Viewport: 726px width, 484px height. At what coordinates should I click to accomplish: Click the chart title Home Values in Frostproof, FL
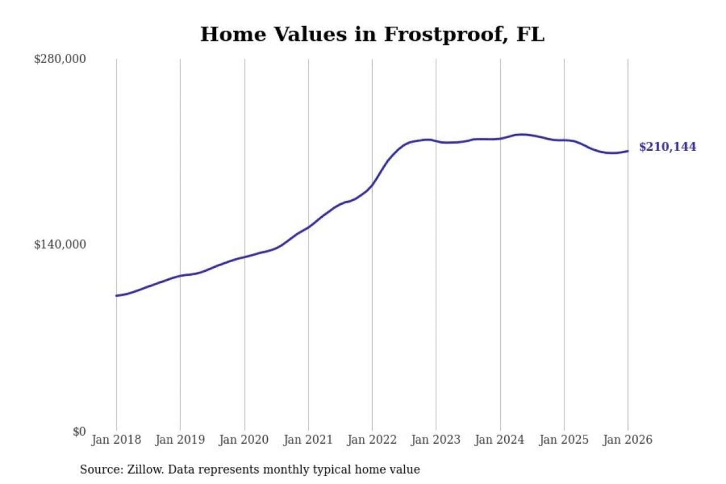[x=372, y=34]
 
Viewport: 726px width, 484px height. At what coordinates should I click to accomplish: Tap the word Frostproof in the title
[x=446, y=34]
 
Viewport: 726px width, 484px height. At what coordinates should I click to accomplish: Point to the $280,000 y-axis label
[x=60, y=59]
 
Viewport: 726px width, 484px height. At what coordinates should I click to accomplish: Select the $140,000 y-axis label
[x=60, y=245]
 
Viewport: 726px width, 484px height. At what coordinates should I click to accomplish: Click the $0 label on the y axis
[x=79, y=432]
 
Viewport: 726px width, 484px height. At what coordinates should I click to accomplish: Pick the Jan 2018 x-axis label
[x=116, y=440]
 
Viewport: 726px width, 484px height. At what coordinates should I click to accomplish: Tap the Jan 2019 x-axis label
[x=180, y=440]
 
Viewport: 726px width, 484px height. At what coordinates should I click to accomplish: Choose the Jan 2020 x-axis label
[x=244, y=440]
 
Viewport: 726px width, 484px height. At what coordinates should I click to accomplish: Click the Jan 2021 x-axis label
[x=308, y=440]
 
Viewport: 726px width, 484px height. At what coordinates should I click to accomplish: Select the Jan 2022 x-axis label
[x=372, y=440]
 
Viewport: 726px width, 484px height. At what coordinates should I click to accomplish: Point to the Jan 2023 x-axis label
[x=436, y=440]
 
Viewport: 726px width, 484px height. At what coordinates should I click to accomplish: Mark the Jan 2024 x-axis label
[x=500, y=440]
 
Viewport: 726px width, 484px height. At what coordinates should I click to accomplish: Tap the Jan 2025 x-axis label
[x=564, y=440]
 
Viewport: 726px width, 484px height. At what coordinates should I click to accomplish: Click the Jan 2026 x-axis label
[x=628, y=440]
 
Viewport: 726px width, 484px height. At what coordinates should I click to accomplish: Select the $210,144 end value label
[x=668, y=147]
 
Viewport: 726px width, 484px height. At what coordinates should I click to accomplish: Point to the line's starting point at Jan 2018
[x=116, y=295]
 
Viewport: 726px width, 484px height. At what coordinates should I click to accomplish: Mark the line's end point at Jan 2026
[x=628, y=151]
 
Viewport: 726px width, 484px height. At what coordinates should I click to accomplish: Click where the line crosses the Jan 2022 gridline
[x=373, y=185]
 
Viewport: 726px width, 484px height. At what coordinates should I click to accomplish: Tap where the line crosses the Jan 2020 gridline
[x=245, y=257]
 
